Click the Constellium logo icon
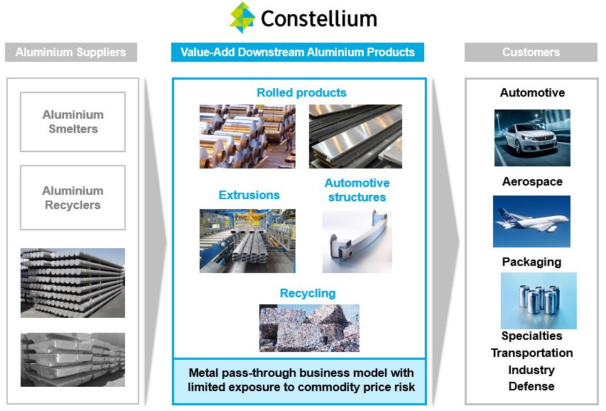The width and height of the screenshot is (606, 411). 242,18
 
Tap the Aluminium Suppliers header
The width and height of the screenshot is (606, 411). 70,52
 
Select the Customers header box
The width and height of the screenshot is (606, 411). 531,52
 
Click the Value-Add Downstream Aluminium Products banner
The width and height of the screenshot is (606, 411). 298,52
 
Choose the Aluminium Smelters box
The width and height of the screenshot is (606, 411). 72,122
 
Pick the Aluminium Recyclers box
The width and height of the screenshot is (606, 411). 72,198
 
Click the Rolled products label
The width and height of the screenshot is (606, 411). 301,92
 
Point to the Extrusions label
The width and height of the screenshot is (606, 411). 249,195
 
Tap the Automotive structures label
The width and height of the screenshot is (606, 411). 357,190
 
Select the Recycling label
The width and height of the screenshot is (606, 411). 308,293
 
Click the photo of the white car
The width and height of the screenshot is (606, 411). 532,138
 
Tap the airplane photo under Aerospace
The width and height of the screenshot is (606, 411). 531,221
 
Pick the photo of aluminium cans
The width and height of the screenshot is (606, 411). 539,300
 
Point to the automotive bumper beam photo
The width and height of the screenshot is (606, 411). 357,242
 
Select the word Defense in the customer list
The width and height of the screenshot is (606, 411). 531,386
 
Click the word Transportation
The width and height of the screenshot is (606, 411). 531,353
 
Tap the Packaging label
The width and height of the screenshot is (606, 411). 531,262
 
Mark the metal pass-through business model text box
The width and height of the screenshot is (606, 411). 301,380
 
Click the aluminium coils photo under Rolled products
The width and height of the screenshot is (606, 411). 247,137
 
